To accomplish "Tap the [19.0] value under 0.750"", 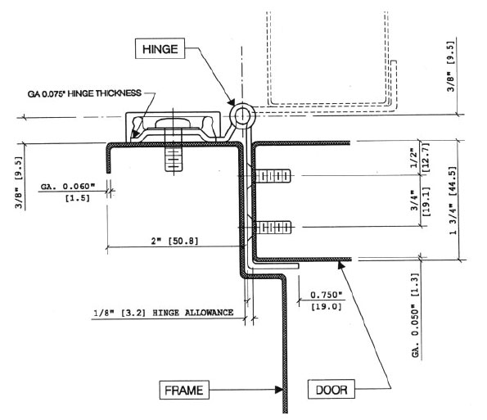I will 327,305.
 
